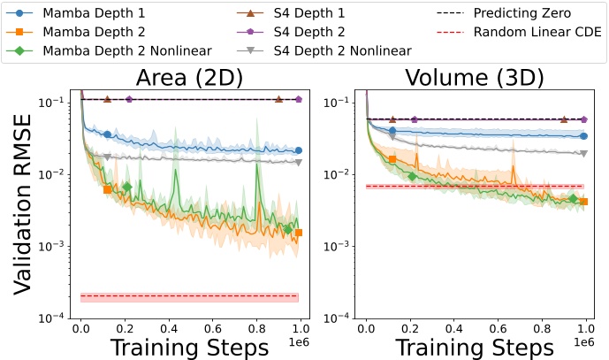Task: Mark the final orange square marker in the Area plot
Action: tap(299, 233)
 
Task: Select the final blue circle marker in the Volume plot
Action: tap(583, 136)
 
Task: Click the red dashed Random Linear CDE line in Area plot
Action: tap(190, 295)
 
